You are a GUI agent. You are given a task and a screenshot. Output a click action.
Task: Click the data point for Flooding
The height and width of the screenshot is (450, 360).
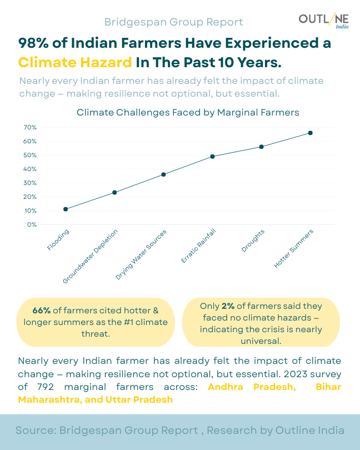point(66,209)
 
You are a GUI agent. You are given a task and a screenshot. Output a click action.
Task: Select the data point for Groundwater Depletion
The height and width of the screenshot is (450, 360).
point(114,192)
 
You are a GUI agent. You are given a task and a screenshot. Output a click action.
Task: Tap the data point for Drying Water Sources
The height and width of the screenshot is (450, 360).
point(163,174)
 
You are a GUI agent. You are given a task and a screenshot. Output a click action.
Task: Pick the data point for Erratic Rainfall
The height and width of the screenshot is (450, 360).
point(212,156)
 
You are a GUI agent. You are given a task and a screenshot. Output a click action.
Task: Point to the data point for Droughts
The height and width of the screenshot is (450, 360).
point(261,147)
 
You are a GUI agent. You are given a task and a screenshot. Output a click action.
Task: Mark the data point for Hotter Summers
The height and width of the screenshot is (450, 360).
point(310,133)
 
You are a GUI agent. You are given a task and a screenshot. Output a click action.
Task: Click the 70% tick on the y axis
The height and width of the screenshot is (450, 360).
point(30,127)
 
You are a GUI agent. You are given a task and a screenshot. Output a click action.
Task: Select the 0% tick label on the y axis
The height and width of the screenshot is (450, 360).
point(32,224)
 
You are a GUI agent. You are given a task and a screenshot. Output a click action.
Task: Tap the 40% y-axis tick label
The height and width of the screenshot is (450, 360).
point(30,169)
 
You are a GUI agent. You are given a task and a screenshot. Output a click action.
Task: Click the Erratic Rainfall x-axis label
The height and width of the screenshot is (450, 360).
point(198,246)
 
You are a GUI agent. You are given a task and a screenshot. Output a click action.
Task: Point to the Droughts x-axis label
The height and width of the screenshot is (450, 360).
point(253,241)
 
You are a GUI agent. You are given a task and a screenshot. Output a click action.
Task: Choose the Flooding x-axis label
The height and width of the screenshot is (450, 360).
point(58,239)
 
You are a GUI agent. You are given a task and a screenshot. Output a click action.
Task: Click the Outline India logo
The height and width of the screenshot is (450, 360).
point(323,21)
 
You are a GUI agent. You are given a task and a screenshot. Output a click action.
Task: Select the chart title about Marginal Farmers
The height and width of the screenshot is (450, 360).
point(188,112)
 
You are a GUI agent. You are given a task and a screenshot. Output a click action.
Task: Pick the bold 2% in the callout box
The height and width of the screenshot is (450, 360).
point(228,306)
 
